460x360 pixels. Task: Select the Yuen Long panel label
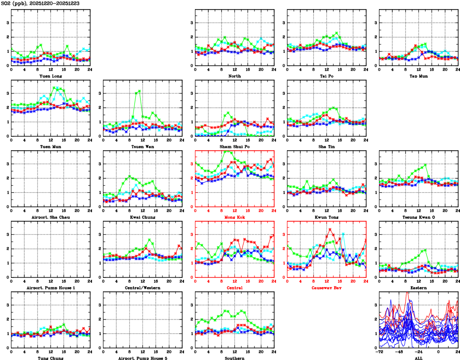click(x=50, y=76)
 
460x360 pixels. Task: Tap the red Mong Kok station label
click(x=234, y=217)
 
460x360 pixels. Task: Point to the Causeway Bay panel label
click(x=326, y=288)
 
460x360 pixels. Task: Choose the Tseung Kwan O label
click(x=418, y=217)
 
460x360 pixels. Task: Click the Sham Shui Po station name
click(x=234, y=146)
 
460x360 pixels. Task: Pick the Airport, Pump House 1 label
click(x=50, y=288)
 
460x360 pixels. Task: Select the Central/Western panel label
click(x=142, y=288)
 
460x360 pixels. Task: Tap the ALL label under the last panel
click(x=418, y=358)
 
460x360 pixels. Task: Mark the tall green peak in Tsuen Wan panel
click(x=139, y=91)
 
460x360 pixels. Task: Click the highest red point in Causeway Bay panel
click(x=330, y=229)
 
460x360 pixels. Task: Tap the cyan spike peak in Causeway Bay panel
click(x=343, y=234)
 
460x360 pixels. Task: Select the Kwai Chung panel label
click(x=142, y=217)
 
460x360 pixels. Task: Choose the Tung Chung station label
click(x=50, y=358)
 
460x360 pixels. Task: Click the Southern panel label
click(x=234, y=358)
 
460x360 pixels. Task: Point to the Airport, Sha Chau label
click(x=50, y=217)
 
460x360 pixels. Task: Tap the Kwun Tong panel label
click(x=326, y=217)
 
